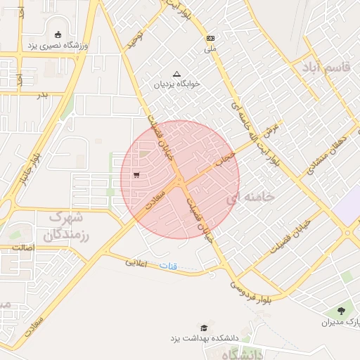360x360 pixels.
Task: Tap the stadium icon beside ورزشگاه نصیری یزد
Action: click(58, 34)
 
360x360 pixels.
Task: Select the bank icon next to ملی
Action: click(210, 38)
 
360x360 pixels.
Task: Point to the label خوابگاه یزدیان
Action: click(177, 84)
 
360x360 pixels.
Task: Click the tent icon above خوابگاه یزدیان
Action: click(176, 73)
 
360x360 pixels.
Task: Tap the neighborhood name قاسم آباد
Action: click(326, 67)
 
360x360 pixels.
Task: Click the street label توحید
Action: click(134, 40)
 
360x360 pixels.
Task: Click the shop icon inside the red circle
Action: click(136, 175)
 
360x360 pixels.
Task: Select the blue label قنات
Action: click(169, 266)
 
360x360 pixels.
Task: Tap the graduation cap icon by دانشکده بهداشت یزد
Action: click(204, 328)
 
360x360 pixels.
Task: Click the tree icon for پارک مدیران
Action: click(342, 310)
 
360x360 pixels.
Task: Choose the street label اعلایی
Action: click(138, 263)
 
